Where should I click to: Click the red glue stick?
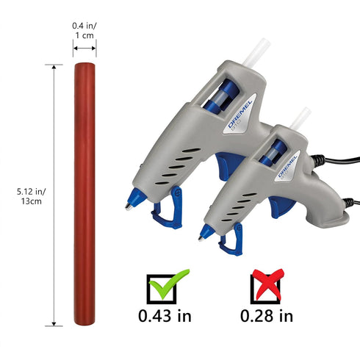pyautogui.click(x=84, y=194)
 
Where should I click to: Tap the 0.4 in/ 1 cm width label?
pyautogui.click(x=84, y=31)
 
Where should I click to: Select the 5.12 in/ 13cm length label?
pyautogui.click(x=31, y=196)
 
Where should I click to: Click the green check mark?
pyautogui.click(x=169, y=284)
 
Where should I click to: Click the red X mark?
pyautogui.click(x=268, y=284)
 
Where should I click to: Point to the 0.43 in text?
pyautogui.click(x=165, y=316)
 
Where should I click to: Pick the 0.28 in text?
pyautogui.click(x=267, y=316)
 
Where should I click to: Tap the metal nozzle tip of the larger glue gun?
pyautogui.click(x=129, y=206)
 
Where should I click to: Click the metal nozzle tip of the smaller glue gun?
pyautogui.click(x=201, y=238)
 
